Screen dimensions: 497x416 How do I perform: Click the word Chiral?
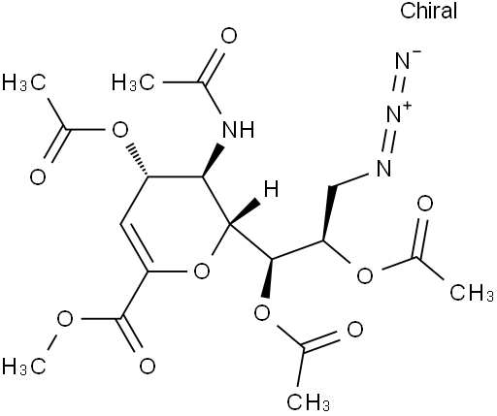[428, 11]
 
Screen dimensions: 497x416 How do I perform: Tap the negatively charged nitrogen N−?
[405, 60]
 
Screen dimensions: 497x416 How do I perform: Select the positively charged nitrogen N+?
[397, 113]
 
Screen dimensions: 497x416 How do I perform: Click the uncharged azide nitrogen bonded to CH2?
[383, 168]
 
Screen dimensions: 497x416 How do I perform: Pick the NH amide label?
[239, 130]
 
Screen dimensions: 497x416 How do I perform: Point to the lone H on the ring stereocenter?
[271, 189]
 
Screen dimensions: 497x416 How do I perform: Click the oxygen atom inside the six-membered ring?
[202, 271]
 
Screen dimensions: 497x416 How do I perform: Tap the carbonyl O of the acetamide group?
[229, 36]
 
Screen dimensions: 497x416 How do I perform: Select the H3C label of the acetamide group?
[133, 82]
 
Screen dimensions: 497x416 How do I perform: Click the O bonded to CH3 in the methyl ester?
[65, 319]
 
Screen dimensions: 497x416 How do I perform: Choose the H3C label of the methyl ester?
[23, 367]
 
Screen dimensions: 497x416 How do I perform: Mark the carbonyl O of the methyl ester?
[148, 367]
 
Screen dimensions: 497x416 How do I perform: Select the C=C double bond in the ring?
[135, 247]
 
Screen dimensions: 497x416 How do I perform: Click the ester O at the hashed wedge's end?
[119, 130]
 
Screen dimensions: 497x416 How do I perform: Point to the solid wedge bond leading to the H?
[245, 211]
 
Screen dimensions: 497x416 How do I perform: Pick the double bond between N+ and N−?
[401, 86]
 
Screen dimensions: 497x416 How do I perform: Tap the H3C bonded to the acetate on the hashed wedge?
[23, 82]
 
